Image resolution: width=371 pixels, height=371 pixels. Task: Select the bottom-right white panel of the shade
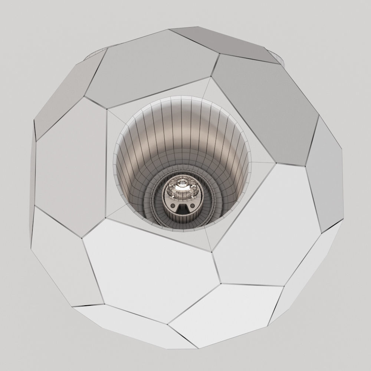tap(226, 315)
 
